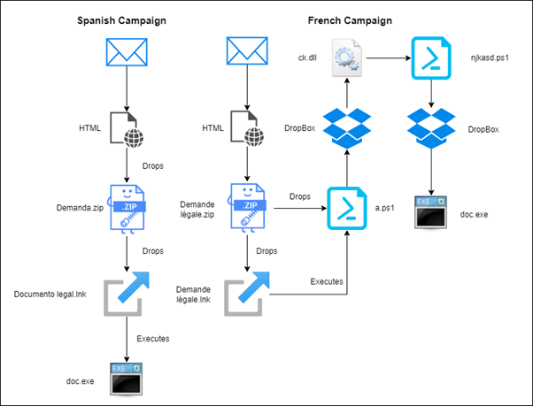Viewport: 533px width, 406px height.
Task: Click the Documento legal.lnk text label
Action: [51, 294]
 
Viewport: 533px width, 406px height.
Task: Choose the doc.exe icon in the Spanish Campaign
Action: [124, 378]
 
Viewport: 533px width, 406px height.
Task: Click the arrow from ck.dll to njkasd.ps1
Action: [390, 58]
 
